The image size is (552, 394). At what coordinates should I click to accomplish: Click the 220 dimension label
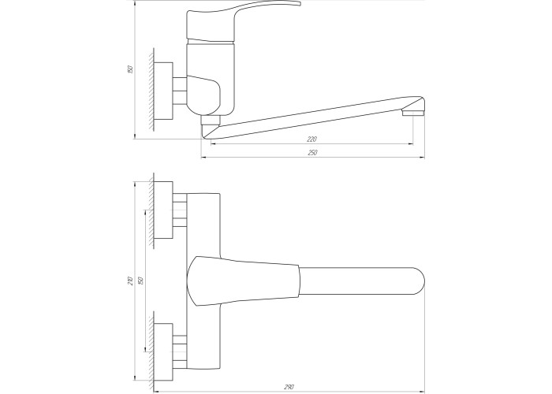tap(312, 139)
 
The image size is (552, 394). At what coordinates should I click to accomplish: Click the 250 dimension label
tap(312, 153)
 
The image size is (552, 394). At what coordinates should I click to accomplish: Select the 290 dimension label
tap(289, 388)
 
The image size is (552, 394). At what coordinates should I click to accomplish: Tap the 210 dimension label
tap(130, 281)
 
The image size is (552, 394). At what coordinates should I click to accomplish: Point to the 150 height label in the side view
tap(130, 69)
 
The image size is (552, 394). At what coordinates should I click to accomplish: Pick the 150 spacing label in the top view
tap(141, 281)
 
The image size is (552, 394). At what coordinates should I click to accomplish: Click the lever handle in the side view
tap(243, 20)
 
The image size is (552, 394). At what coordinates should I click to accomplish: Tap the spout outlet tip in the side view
tap(413, 113)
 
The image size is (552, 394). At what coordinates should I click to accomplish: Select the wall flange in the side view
tap(164, 91)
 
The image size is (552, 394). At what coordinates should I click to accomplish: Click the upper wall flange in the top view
tap(164, 210)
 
